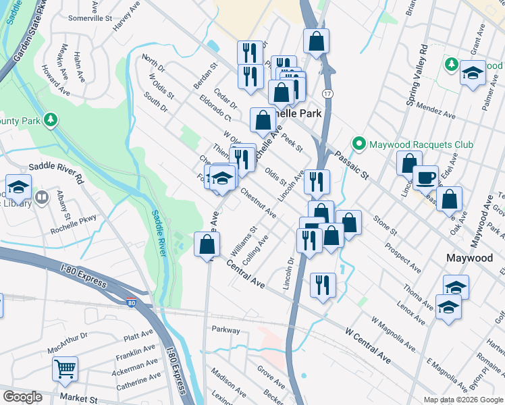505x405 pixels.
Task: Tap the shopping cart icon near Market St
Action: point(65,369)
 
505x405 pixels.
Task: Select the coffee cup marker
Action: point(425,178)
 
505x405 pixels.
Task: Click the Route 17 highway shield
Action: point(328,93)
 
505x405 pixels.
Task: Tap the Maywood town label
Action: point(470,258)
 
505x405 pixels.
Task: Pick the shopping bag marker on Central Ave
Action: point(207,245)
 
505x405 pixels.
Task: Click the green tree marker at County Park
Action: point(49,120)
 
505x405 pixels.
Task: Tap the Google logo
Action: point(22,397)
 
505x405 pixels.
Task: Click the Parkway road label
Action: point(226,330)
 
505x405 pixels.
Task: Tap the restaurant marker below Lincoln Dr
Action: point(323,286)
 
